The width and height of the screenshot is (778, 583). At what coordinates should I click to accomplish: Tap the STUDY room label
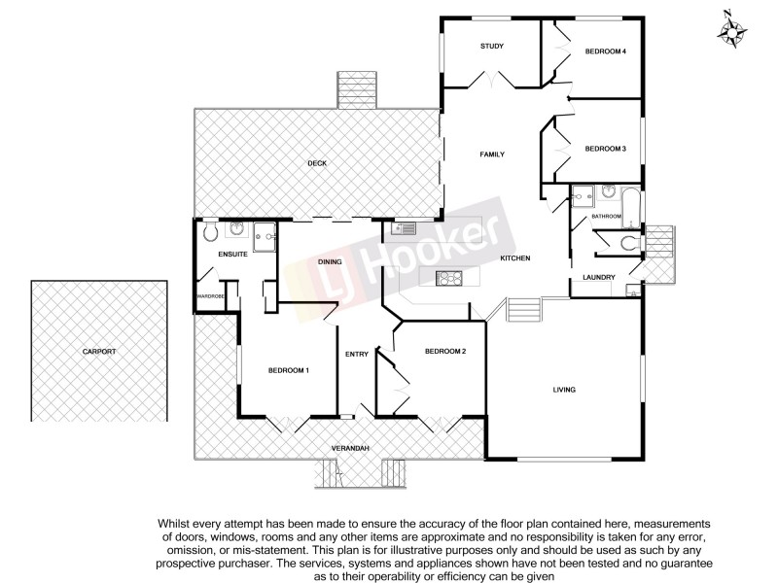coord(492,47)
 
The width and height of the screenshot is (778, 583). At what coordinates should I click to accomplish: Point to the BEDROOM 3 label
coord(604,149)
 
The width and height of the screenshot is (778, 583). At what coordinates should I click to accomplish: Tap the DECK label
coord(316,162)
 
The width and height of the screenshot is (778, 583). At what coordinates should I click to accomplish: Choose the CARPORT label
coord(98,351)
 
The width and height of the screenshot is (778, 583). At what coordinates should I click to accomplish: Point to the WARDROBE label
coord(210,296)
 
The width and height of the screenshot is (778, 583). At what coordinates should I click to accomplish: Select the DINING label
coord(331,262)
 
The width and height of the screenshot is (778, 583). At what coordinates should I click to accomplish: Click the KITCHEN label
coord(514,257)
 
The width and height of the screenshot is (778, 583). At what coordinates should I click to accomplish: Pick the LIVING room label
coord(564,390)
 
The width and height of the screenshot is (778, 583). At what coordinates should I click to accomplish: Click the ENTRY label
coord(356,354)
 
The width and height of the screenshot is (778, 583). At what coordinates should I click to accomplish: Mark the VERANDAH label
coord(350,447)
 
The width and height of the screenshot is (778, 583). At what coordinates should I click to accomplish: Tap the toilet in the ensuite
coord(210,231)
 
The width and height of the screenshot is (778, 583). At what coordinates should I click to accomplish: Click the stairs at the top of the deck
coord(354,89)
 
